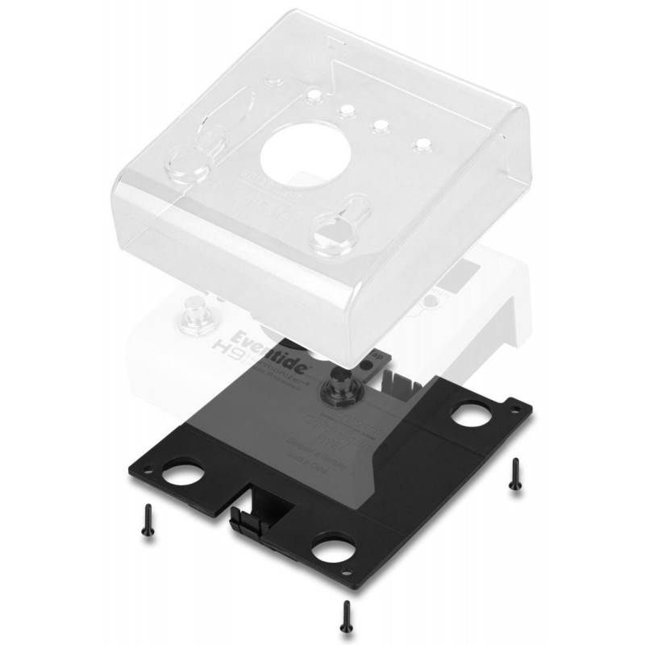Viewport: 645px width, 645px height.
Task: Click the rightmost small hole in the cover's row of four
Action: pos(420,145)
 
